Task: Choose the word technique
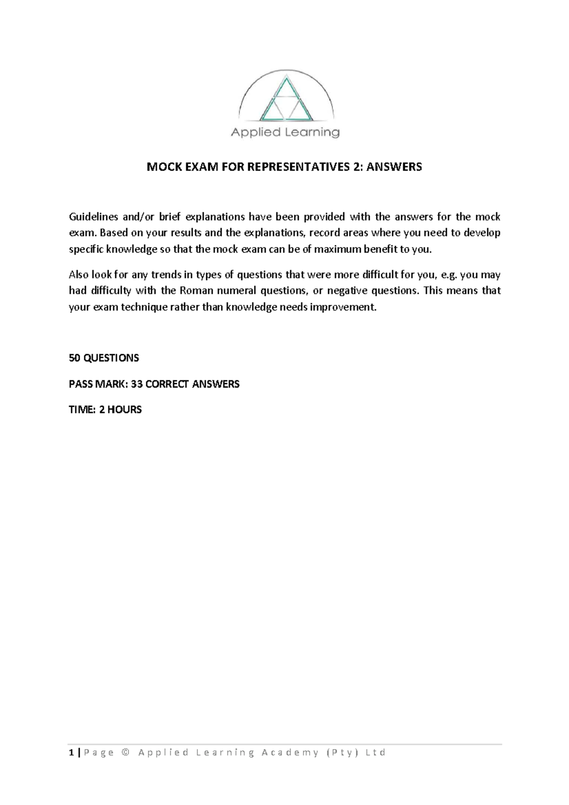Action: tap(146, 307)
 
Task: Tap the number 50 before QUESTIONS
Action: tap(74, 358)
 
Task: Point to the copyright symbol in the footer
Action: tap(125, 753)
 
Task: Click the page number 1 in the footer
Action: tap(71, 753)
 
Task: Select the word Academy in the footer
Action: tap(289, 753)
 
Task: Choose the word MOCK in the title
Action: tap(162, 167)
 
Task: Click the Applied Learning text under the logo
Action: tap(285, 132)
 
